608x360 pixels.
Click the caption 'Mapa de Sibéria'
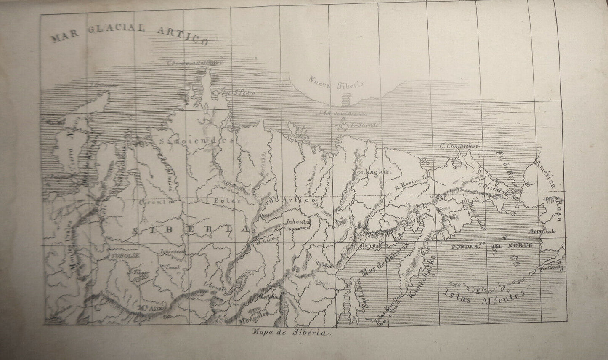tap(292, 331)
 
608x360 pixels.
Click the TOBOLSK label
tap(121, 256)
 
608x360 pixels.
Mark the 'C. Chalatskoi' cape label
tap(459, 146)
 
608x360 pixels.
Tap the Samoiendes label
tap(198, 141)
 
